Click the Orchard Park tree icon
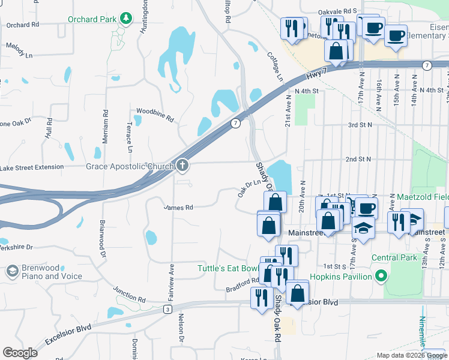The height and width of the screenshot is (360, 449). (x=126, y=19)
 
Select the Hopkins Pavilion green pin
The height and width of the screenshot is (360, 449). (x=380, y=277)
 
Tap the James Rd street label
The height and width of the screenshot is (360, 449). (x=179, y=208)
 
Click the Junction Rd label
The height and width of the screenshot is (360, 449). (x=130, y=292)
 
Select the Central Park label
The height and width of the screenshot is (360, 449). (x=394, y=257)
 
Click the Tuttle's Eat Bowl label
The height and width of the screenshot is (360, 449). (x=228, y=268)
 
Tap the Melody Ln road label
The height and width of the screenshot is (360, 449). (x=19, y=52)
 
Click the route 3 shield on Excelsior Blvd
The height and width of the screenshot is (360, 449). (x=167, y=308)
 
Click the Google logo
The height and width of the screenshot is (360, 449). (x=20, y=353)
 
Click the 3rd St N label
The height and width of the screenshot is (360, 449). (x=360, y=125)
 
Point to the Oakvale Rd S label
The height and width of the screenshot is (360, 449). (x=337, y=11)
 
